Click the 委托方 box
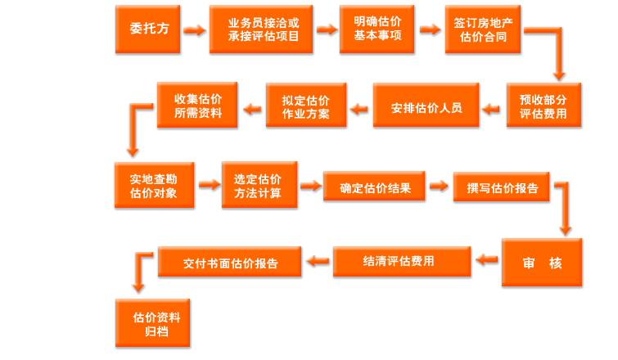pyautogui.click(x=148, y=29)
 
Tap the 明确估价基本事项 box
pyautogui.click(x=377, y=29)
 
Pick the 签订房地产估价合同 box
pyautogui.click(x=484, y=29)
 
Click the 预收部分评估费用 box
pyautogui.click(x=544, y=106)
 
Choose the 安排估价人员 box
pyautogui.click(x=426, y=106)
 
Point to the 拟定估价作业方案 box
pyautogui.click(x=305, y=106)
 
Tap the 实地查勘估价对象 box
pyautogui.click(x=153, y=186)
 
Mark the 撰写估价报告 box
pyautogui.click(x=502, y=187)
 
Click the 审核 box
pyautogui.click(x=542, y=263)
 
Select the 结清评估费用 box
pyautogui.click(x=402, y=262)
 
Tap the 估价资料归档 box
pyautogui.click(x=156, y=323)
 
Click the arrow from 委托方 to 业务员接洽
pyautogui.click(x=193, y=30)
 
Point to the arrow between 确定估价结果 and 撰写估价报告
pyautogui.click(x=440, y=187)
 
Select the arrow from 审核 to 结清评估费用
pyautogui.click(x=487, y=261)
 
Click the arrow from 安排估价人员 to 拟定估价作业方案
pyautogui.click(x=359, y=107)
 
